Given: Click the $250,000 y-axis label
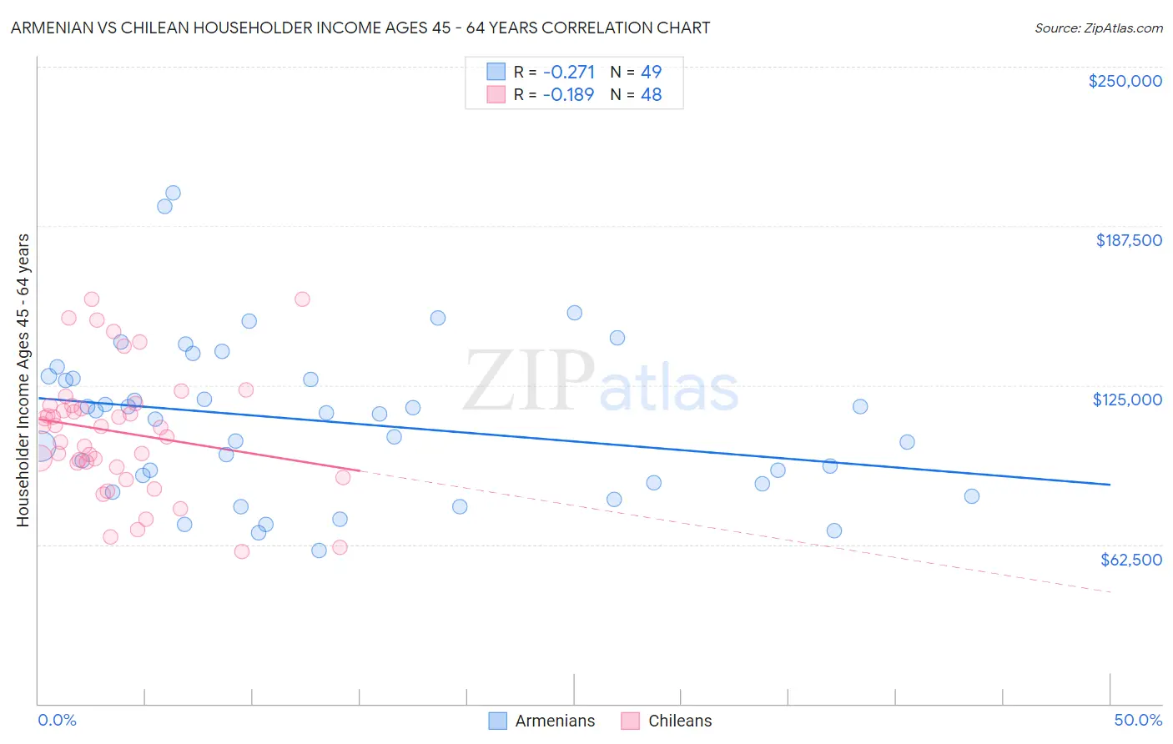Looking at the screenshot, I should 1125,81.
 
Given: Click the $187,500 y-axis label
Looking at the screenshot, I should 1128,240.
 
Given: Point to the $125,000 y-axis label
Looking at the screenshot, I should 1127,400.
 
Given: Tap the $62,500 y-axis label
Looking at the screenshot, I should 1130,560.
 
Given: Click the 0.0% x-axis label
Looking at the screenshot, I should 58,720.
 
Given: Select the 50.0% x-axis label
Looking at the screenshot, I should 1137,720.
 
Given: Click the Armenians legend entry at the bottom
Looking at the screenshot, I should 555,721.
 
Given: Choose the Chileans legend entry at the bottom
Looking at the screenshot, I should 680,721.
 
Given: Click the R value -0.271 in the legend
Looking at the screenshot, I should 568,72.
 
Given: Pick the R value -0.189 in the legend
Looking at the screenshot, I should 568,95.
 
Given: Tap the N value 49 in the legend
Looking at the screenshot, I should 651,72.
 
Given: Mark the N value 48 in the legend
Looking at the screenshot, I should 651,95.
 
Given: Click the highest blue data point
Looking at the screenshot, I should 173,193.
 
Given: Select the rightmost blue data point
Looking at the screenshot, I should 971,496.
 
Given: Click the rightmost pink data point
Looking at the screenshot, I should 343,477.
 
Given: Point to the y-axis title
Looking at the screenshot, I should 23,380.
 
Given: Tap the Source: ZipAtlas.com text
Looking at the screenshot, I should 1098,28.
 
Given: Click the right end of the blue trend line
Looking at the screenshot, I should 1110,485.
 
